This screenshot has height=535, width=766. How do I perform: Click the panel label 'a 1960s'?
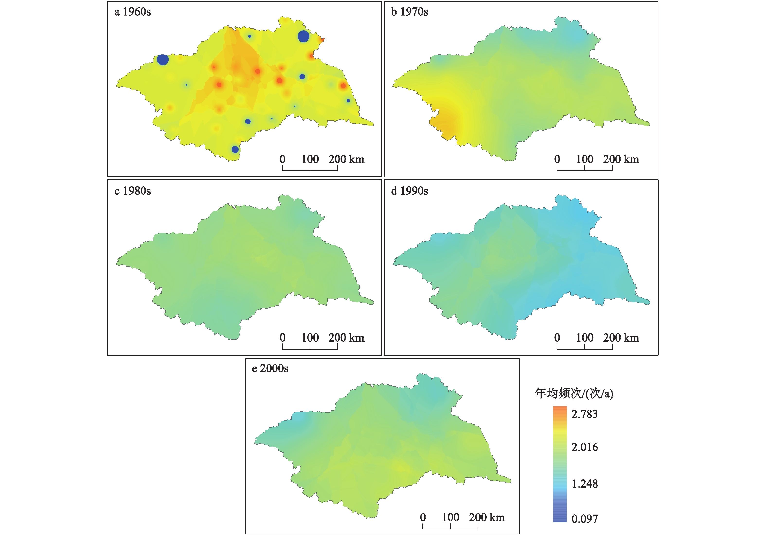click(133, 12)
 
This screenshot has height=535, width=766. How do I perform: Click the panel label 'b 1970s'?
click(409, 12)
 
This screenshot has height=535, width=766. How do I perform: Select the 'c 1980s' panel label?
click(133, 191)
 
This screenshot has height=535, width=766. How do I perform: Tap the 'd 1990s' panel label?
click(409, 191)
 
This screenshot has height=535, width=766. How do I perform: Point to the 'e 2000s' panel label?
click(270, 368)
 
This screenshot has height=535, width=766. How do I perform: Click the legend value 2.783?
click(584, 414)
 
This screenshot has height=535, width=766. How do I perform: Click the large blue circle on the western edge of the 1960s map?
click(163, 60)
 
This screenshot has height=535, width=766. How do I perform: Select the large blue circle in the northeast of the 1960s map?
click(303, 36)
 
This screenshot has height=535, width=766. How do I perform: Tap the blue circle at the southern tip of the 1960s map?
click(235, 149)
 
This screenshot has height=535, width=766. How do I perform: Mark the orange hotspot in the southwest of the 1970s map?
click(445, 125)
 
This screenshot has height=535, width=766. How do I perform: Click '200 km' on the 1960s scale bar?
click(346, 159)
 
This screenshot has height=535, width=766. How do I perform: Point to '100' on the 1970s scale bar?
click(585, 159)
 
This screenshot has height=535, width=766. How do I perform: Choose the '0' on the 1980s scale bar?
click(283, 338)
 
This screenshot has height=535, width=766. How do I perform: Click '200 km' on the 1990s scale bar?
click(621, 338)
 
